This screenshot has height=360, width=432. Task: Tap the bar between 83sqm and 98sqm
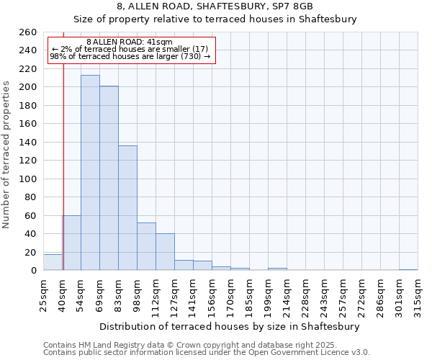(127, 208)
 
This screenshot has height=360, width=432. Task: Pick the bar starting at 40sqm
(71, 243)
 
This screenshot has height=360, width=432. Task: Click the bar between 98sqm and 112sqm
(146, 246)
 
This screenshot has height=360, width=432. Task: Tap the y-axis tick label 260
(28, 32)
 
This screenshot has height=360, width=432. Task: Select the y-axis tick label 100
(28, 179)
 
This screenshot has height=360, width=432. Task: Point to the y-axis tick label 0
(34, 271)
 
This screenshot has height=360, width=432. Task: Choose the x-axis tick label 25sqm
(43, 294)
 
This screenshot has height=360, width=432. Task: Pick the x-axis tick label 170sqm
(230, 294)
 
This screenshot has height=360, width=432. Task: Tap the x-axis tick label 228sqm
(305, 294)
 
